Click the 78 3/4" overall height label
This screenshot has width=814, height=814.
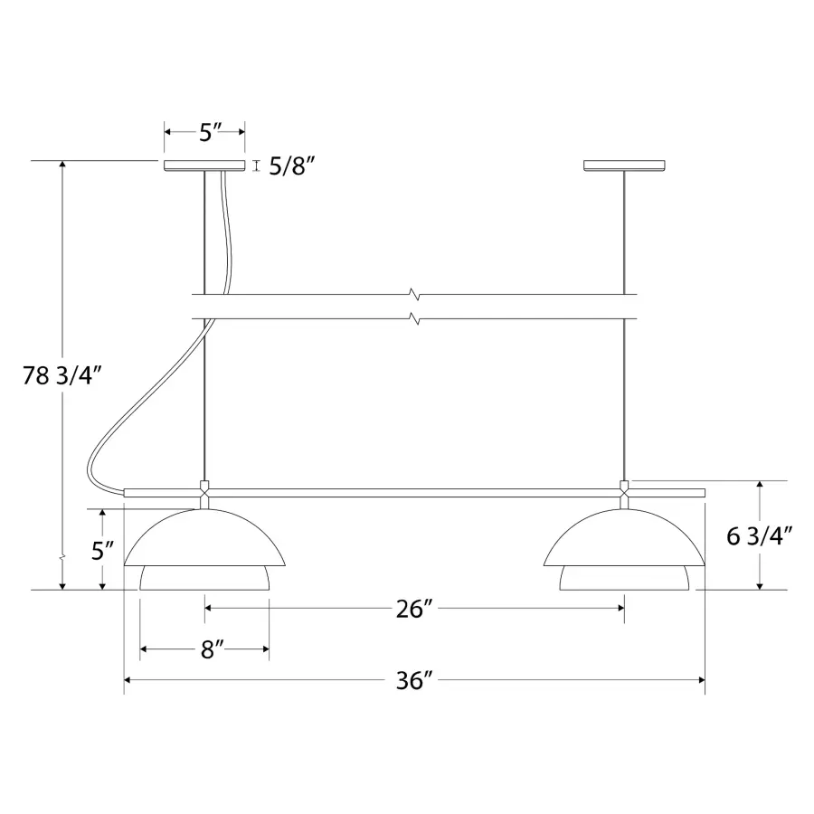click(x=62, y=375)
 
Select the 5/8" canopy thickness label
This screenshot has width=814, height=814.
click(x=292, y=166)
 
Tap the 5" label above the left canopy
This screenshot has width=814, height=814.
click(x=210, y=132)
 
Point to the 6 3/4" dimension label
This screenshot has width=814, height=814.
click(x=760, y=536)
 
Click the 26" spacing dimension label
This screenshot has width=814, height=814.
click(x=414, y=609)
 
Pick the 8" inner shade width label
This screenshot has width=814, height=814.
click(x=213, y=649)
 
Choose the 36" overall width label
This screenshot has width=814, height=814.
click(x=414, y=680)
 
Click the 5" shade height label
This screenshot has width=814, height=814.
click(x=102, y=550)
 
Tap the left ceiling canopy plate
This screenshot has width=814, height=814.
click(x=204, y=166)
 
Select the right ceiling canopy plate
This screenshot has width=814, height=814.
click(x=624, y=166)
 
